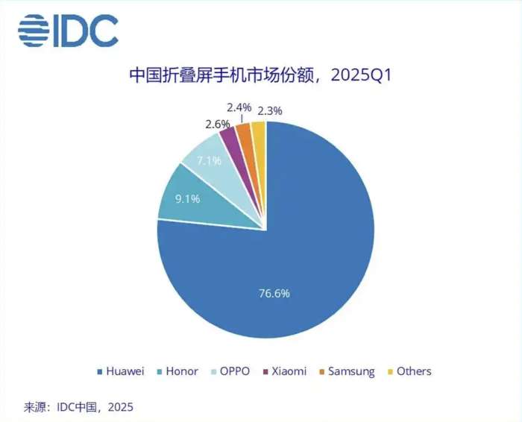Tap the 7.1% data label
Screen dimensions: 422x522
pos(210,160)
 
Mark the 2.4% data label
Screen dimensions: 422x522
pos(239,107)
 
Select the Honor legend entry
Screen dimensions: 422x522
pos(178,371)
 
